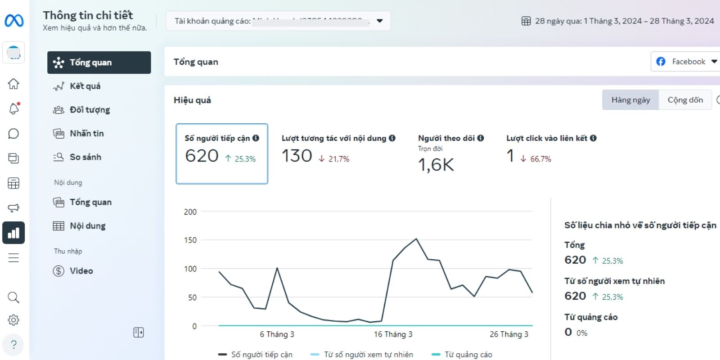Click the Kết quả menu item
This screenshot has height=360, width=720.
click(x=85, y=86)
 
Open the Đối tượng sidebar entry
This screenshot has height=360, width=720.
click(x=90, y=110)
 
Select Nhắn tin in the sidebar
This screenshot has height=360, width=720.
click(x=86, y=134)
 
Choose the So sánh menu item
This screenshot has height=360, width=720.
click(x=85, y=157)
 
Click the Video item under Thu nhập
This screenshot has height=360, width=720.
click(x=81, y=271)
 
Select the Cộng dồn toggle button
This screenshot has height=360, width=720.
click(x=685, y=100)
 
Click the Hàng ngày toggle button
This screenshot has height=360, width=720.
click(x=630, y=100)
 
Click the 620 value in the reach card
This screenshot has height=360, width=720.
click(x=202, y=156)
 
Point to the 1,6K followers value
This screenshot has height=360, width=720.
click(x=436, y=165)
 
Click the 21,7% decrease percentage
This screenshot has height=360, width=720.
click(x=338, y=159)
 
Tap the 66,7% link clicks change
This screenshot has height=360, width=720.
click(x=540, y=159)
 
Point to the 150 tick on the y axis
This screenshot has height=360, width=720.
click(x=190, y=240)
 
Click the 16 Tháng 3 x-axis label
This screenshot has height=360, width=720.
click(x=393, y=334)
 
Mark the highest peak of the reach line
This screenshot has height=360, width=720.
click(x=416, y=239)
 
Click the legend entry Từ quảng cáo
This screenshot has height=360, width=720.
click(x=468, y=355)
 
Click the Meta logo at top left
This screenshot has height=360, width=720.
click(x=14, y=21)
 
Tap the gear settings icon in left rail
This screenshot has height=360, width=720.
click(x=13, y=320)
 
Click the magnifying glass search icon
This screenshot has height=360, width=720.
click(x=13, y=297)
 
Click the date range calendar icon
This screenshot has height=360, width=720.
click(x=526, y=21)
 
